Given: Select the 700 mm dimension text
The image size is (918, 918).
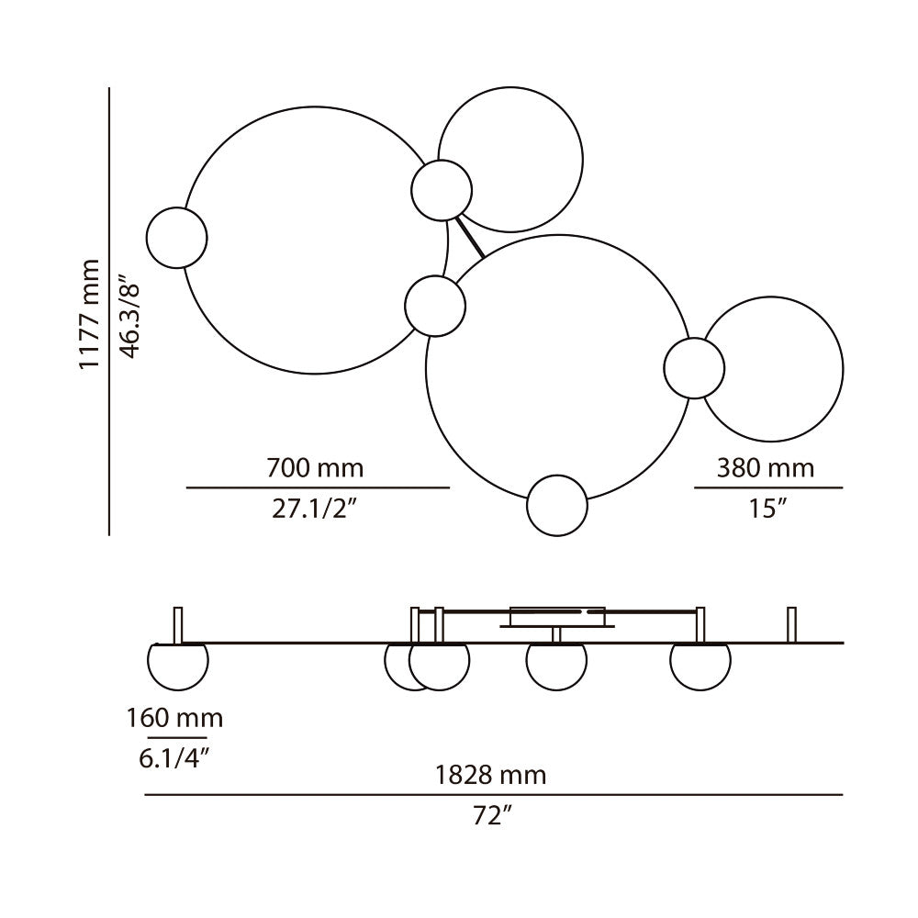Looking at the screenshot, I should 315,468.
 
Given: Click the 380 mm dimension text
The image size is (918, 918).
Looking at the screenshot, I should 766,468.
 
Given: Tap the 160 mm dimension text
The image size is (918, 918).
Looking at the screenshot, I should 174,717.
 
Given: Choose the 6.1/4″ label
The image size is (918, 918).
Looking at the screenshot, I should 175,758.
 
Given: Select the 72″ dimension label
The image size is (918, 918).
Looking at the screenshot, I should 492,815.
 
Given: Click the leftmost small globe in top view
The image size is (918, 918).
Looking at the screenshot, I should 177,238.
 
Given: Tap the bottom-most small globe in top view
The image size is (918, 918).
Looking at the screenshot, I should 557,505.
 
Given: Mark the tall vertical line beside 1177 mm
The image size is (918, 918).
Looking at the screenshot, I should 109,312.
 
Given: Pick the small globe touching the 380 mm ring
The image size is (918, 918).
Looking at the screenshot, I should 694,368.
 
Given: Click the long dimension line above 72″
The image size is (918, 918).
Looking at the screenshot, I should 493,795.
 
